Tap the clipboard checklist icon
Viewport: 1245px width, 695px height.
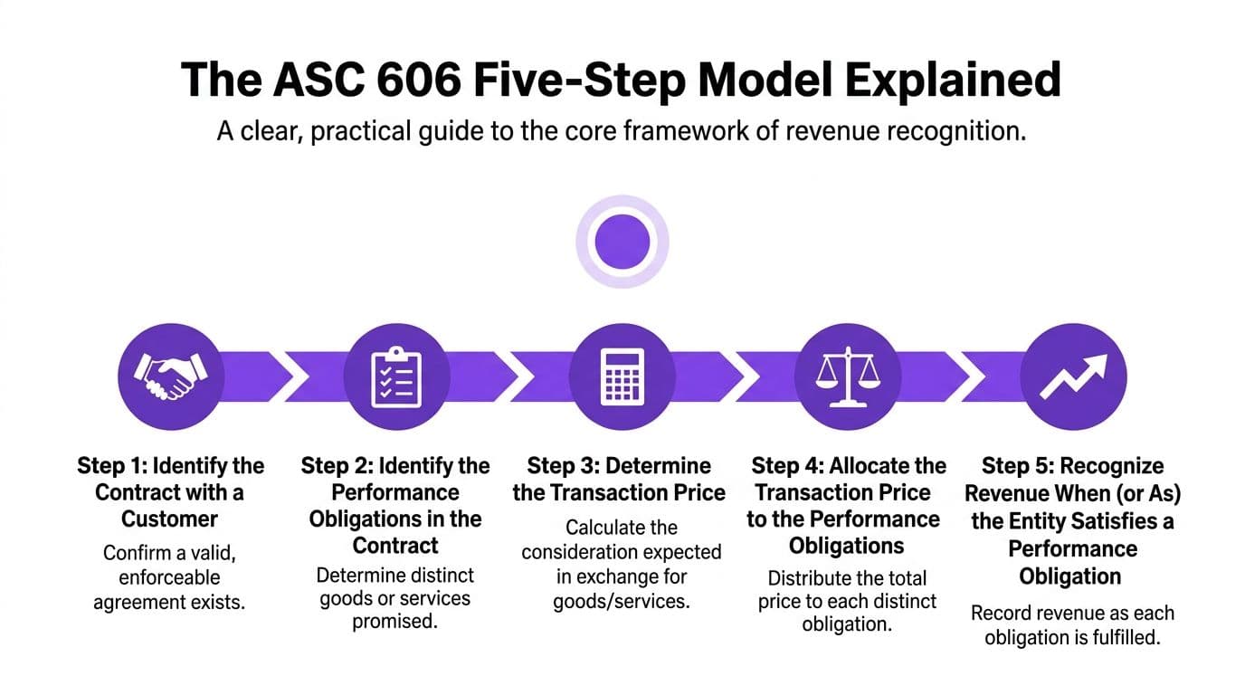pyautogui.click(x=396, y=376)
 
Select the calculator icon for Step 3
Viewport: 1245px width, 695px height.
pyautogui.click(x=622, y=376)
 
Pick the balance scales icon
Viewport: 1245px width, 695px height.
pyautogui.click(x=847, y=376)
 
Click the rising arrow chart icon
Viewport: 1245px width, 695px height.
pyautogui.click(x=1073, y=376)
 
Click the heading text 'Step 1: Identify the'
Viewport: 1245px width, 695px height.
pyautogui.click(x=171, y=466)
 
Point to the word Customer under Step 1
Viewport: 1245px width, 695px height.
pyautogui.click(x=170, y=519)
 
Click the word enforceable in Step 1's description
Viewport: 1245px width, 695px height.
pyautogui.click(x=170, y=576)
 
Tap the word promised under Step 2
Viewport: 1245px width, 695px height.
pyautogui.click(x=395, y=622)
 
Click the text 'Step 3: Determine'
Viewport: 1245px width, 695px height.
pyautogui.click(x=619, y=466)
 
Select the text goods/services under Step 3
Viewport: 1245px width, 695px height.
pyautogui.click(x=621, y=601)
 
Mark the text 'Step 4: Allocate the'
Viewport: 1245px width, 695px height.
pyautogui.click(x=849, y=466)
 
